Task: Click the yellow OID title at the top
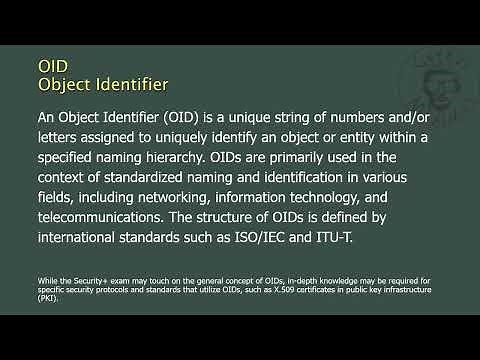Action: click(x=53, y=62)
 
